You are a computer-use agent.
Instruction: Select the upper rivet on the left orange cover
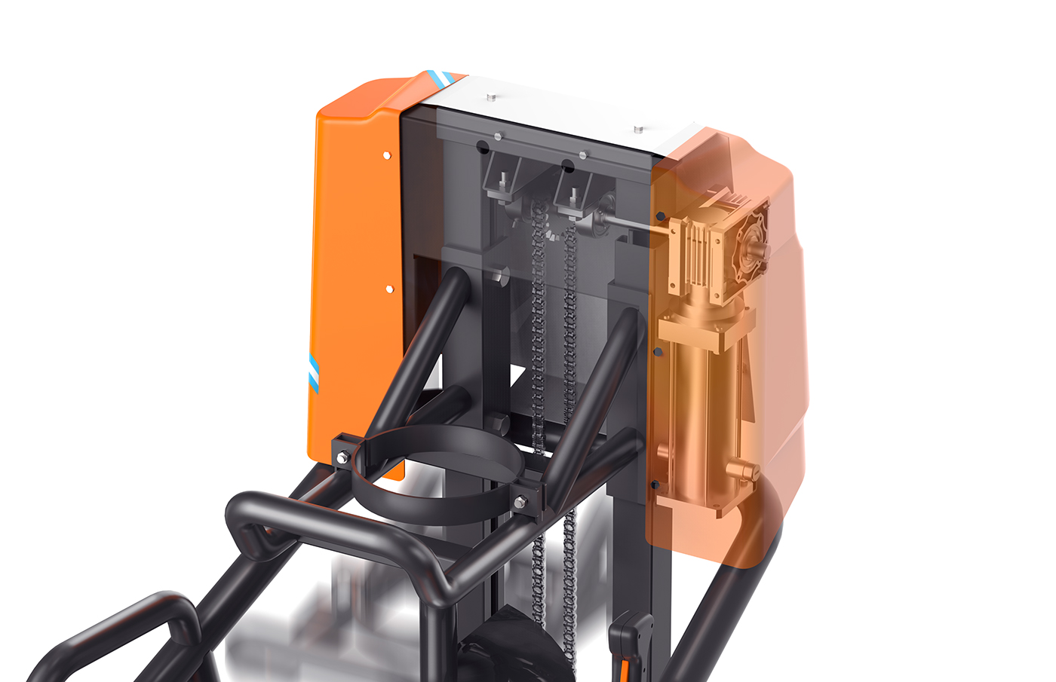click(x=387, y=155)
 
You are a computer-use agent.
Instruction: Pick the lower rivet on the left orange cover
click(x=389, y=289)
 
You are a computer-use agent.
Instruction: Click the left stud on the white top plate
click(x=491, y=97)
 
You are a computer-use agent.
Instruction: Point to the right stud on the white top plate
click(x=638, y=130)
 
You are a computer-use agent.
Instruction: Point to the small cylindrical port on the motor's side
click(x=743, y=472)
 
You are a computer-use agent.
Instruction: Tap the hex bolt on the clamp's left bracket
click(x=342, y=457)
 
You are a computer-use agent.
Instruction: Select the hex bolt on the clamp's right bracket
click(x=520, y=503)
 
